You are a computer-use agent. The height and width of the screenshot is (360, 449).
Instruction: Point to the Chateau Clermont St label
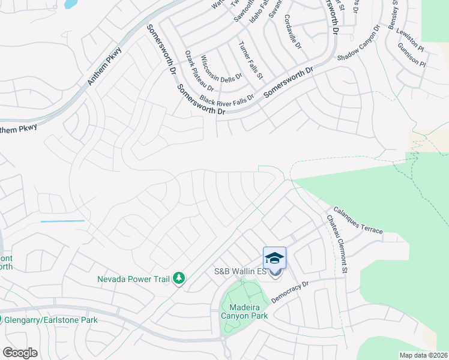tap(337, 246)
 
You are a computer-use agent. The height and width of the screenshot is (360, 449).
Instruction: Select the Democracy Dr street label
tap(289, 292)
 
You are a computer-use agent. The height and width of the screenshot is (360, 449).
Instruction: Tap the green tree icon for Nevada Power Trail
tap(178, 278)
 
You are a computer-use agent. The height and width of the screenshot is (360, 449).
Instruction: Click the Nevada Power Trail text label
tap(133, 278)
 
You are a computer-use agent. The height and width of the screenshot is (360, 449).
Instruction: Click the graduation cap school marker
tap(274, 258)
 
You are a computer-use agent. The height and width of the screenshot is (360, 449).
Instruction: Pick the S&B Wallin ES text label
tap(240, 272)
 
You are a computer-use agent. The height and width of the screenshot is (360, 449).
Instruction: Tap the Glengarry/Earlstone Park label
tap(51, 320)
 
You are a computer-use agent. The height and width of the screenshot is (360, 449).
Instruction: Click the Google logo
tap(20, 353)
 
